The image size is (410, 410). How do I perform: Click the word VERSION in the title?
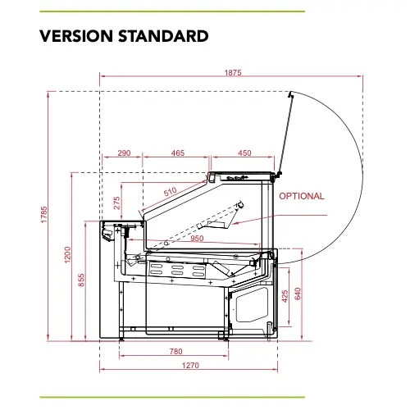coord(76,36)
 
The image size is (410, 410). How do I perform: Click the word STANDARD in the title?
coord(163,36)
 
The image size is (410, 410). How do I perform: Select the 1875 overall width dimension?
coord(233,73)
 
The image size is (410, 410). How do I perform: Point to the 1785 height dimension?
coord(44,215)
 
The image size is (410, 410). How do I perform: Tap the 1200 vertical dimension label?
coord(67,255)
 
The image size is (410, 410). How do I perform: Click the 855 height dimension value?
coord(81,280)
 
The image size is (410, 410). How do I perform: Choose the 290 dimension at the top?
coord(124,153)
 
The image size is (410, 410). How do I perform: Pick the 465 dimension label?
coord(178,153)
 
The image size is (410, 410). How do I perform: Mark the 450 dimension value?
coord(244,153)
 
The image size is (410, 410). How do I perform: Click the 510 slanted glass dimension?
coord(170,192)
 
